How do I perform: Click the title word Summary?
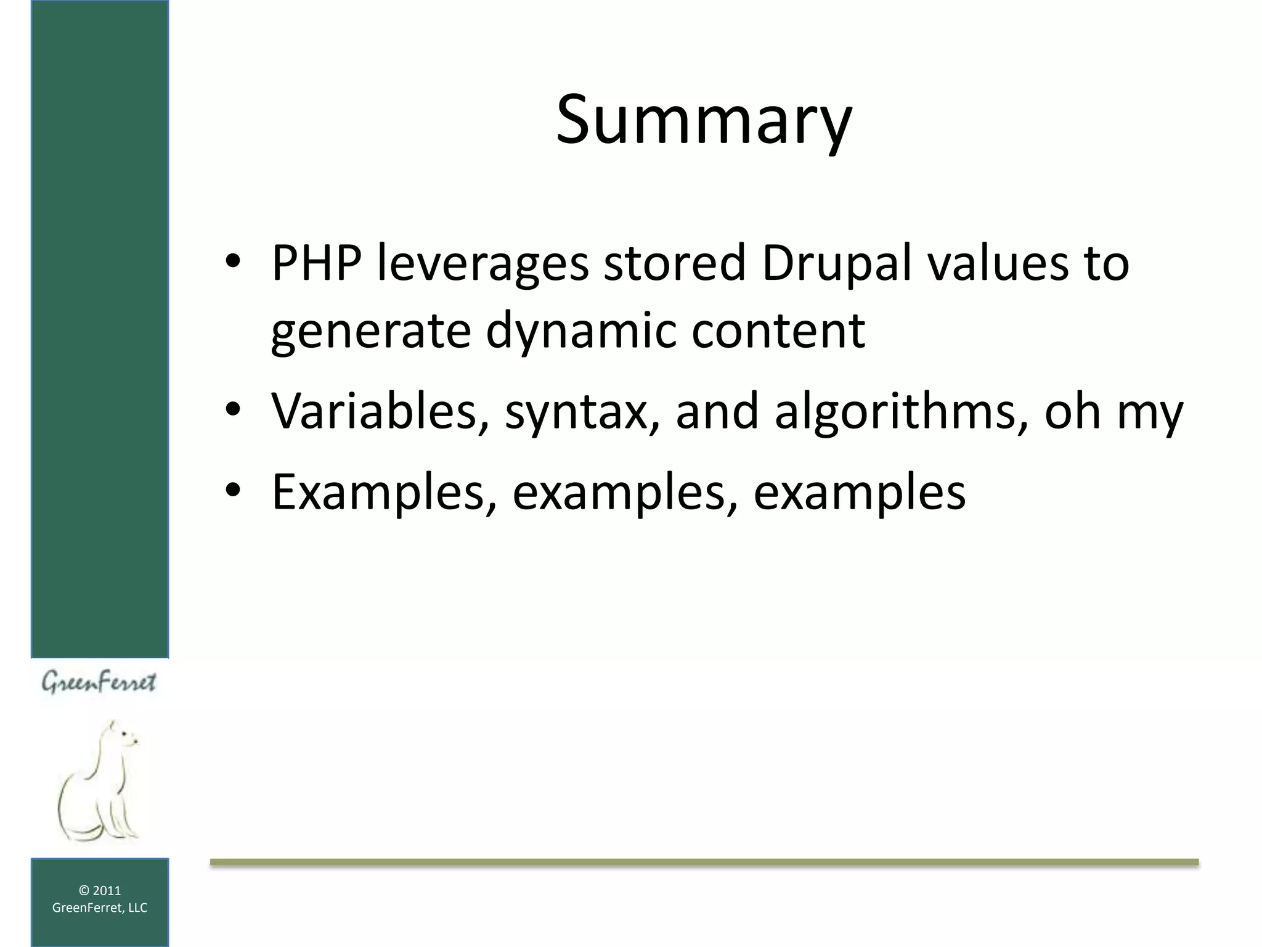coord(704,120)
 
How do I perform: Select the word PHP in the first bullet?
coord(315,263)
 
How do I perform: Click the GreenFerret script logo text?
coord(99,683)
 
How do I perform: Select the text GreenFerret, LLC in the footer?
coord(100,908)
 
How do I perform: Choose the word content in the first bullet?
coord(778,331)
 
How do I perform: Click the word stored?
coord(674,263)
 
